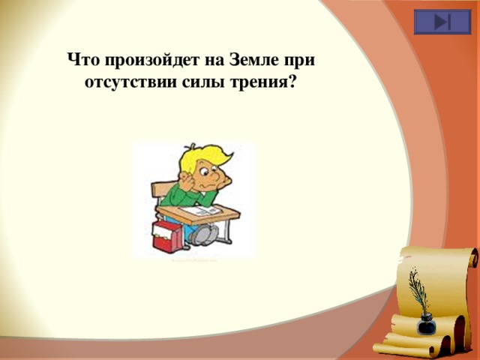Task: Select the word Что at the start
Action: pos(84,58)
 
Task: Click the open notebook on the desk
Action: pos(205,212)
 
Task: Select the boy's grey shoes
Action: pos(200,235)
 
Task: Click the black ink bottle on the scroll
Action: pos(427,324)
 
